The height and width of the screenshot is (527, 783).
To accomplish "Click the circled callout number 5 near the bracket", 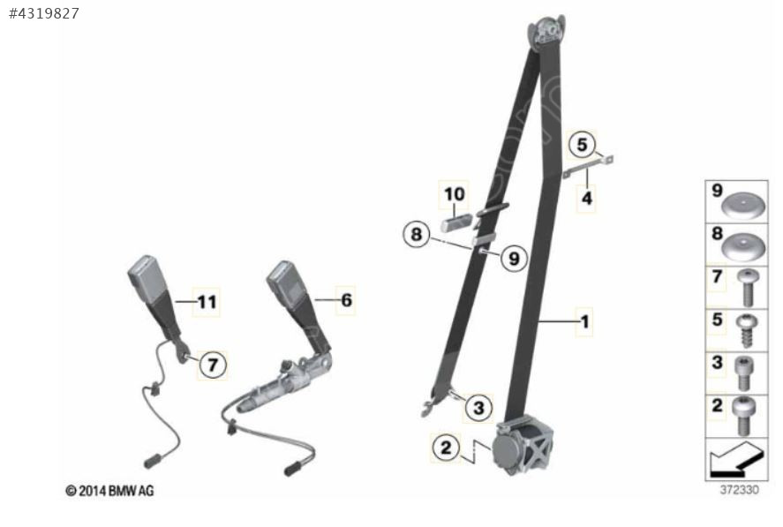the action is [582, 145].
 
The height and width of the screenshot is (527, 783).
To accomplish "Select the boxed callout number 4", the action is [587, 198].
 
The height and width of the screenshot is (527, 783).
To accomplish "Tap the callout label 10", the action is [455, 194].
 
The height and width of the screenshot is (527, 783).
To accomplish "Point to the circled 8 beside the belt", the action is [417, 234].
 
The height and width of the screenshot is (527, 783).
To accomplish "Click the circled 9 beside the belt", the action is [514, 259].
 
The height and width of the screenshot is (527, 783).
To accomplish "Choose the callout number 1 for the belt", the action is [584, 321].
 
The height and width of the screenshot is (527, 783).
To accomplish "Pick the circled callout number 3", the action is [478, 407].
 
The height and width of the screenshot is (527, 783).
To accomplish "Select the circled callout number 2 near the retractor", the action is [446, 447].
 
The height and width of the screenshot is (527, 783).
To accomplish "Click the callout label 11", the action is [207, 302].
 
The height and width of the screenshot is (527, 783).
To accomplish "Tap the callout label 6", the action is [346, 300].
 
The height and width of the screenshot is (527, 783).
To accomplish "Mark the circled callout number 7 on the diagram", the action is [213, 365].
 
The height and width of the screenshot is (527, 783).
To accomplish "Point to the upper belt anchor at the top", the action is [547, 33].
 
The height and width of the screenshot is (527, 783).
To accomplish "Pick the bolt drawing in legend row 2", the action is [744, 416].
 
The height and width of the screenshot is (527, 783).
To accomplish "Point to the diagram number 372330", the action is [739, 490].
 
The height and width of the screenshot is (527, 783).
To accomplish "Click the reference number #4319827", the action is [44, 13].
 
